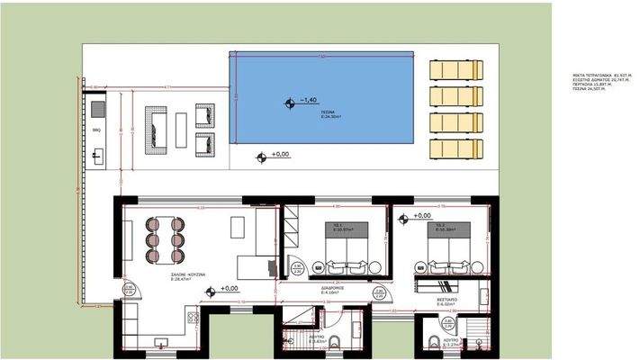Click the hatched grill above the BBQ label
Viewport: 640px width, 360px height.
(x=97, y=109)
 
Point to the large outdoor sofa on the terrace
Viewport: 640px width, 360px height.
(x=158, y=128)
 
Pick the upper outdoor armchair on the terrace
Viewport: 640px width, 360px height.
(x=205, y=114)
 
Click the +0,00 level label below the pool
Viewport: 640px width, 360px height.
(x=280, y=155)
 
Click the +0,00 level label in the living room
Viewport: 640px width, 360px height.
(x=229, y=289)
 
